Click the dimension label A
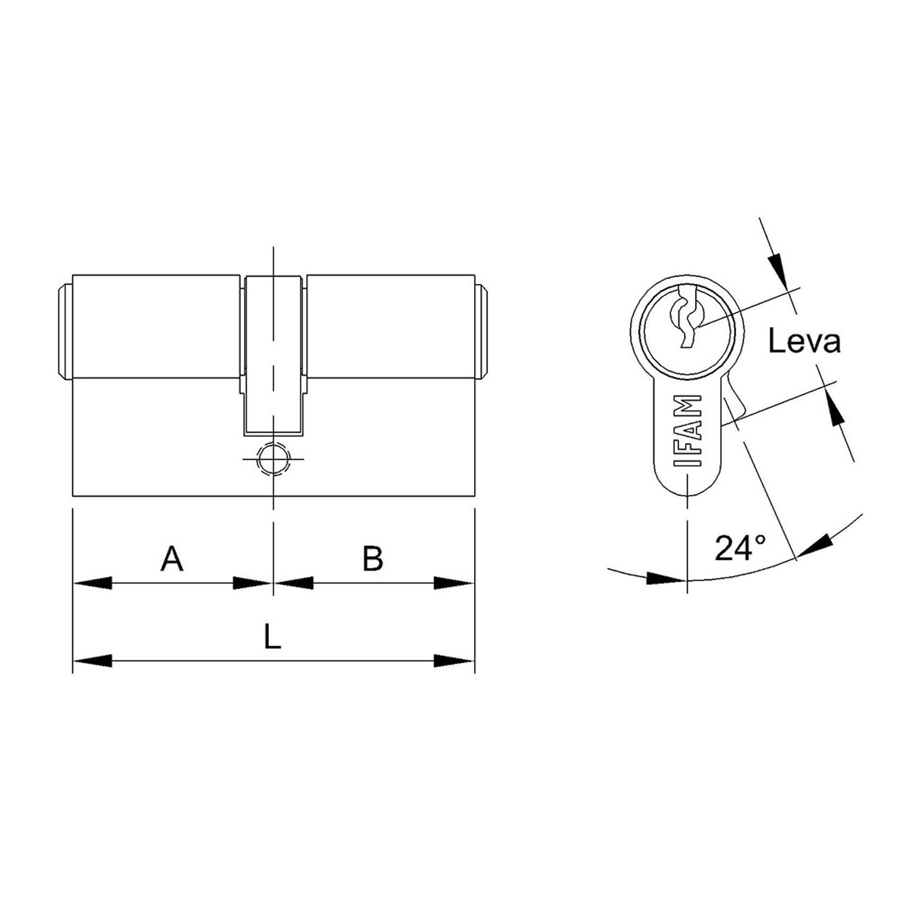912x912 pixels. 171,559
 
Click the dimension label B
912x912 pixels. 373,559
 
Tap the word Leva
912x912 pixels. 804,342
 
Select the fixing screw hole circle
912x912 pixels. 274,457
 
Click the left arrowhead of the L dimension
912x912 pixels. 92,660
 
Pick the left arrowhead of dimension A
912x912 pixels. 92,583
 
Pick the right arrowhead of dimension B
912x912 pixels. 454,583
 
